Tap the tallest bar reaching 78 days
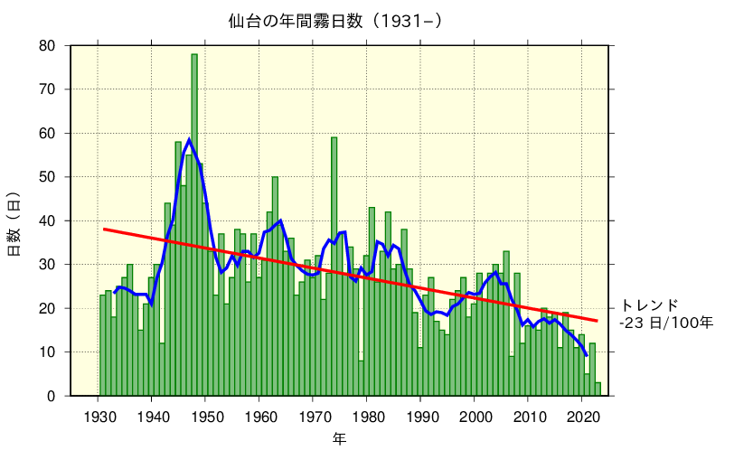(194, 226)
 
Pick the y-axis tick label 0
(52, 396)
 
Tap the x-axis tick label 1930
(98, 417)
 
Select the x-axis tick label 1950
(205, 417)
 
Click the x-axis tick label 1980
(367, 417)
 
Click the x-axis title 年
(338, 438)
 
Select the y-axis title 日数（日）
(14, 222)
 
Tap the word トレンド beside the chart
(648, 305)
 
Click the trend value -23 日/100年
(665, 322)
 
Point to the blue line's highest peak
(189, 139)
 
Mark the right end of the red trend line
(597, 321)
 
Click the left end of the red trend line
(104, 229)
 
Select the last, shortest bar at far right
(598, 389)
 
